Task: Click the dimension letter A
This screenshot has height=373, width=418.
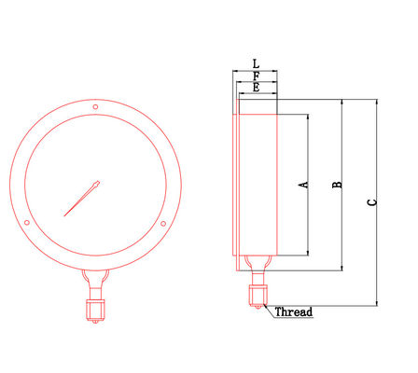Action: click(x=302, y=185)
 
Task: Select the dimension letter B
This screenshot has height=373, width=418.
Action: click(x=339, y=185)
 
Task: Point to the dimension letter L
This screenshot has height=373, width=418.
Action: click(x=257, y=64)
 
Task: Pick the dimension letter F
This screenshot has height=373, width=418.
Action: click(x=257, y=76)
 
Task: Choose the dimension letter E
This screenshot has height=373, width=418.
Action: click(x=257, y=87)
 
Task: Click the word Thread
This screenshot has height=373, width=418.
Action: click(x=293, y=311)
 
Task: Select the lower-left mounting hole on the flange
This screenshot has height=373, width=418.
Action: click(x=29, y=223)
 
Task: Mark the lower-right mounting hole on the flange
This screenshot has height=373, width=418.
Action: click(x=163, y=223)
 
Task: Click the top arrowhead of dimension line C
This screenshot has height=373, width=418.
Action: click(x=376, y=101)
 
